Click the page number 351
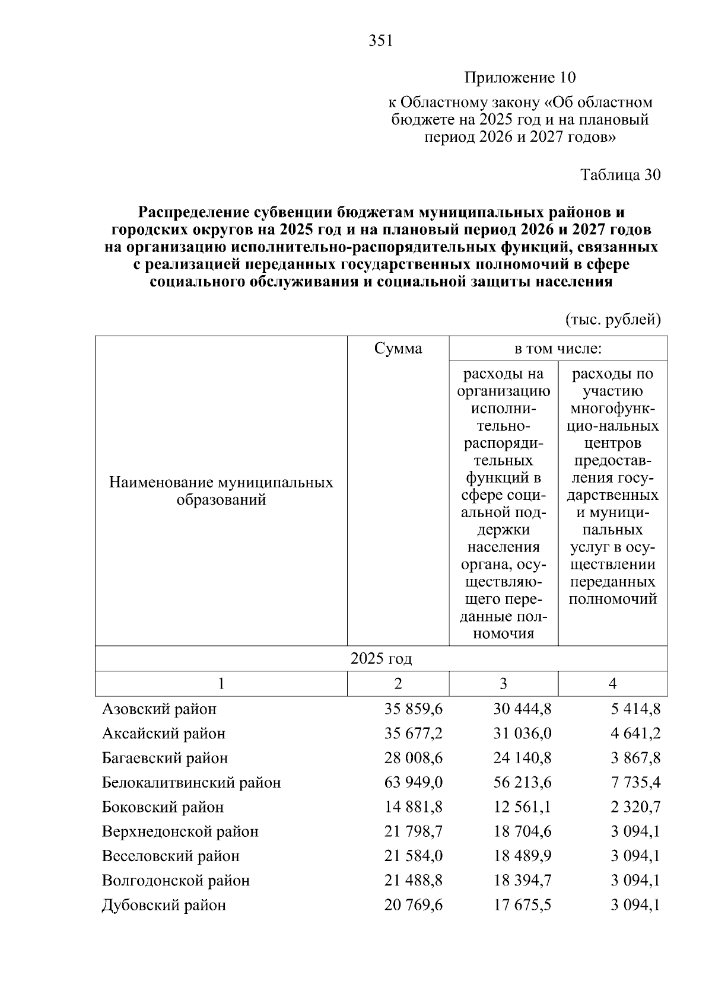380,41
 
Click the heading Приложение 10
520,78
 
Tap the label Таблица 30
621,175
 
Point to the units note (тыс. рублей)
612,320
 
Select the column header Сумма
398,349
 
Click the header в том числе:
558,349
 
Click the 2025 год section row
381,659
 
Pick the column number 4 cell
612,684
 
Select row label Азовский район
159,709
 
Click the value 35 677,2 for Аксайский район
414,734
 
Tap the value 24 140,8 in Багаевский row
522,758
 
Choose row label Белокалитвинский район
191,783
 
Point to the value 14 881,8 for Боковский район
414,807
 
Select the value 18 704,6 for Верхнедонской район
522,831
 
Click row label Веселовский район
171,856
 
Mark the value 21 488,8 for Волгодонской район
414,881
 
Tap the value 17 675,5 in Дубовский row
522,906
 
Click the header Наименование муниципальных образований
221,491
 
